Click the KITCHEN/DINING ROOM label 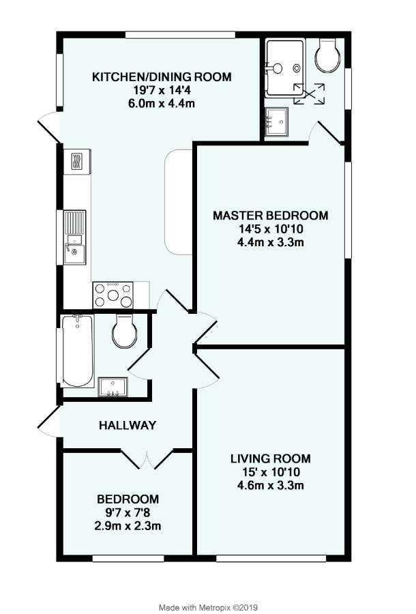pyautogui.click(x=162, y=76)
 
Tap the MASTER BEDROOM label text pyautogui.click(x=270, y=216)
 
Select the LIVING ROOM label pyautogui.click(x=270, y=458)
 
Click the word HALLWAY pyautogui.click(x=128, y=425)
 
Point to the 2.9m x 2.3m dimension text pyautogui.click(x=128, y=526)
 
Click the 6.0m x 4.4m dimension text pyautogui.click(x=162, y=103)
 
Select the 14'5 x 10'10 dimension pyautogui.click(x=270, y=229)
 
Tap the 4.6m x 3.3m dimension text pyautogui.click(x=270, y=486)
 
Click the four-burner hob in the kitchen pyautogui.click(x=113, y=295)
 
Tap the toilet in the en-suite pyautogui.click(x=327, y=56)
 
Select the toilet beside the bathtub pyautogui.click(x=124, y=332)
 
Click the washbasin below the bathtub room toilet pyautogui.click(x=110, y=387)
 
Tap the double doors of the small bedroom pyautogui.click(x=148, y=459)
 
